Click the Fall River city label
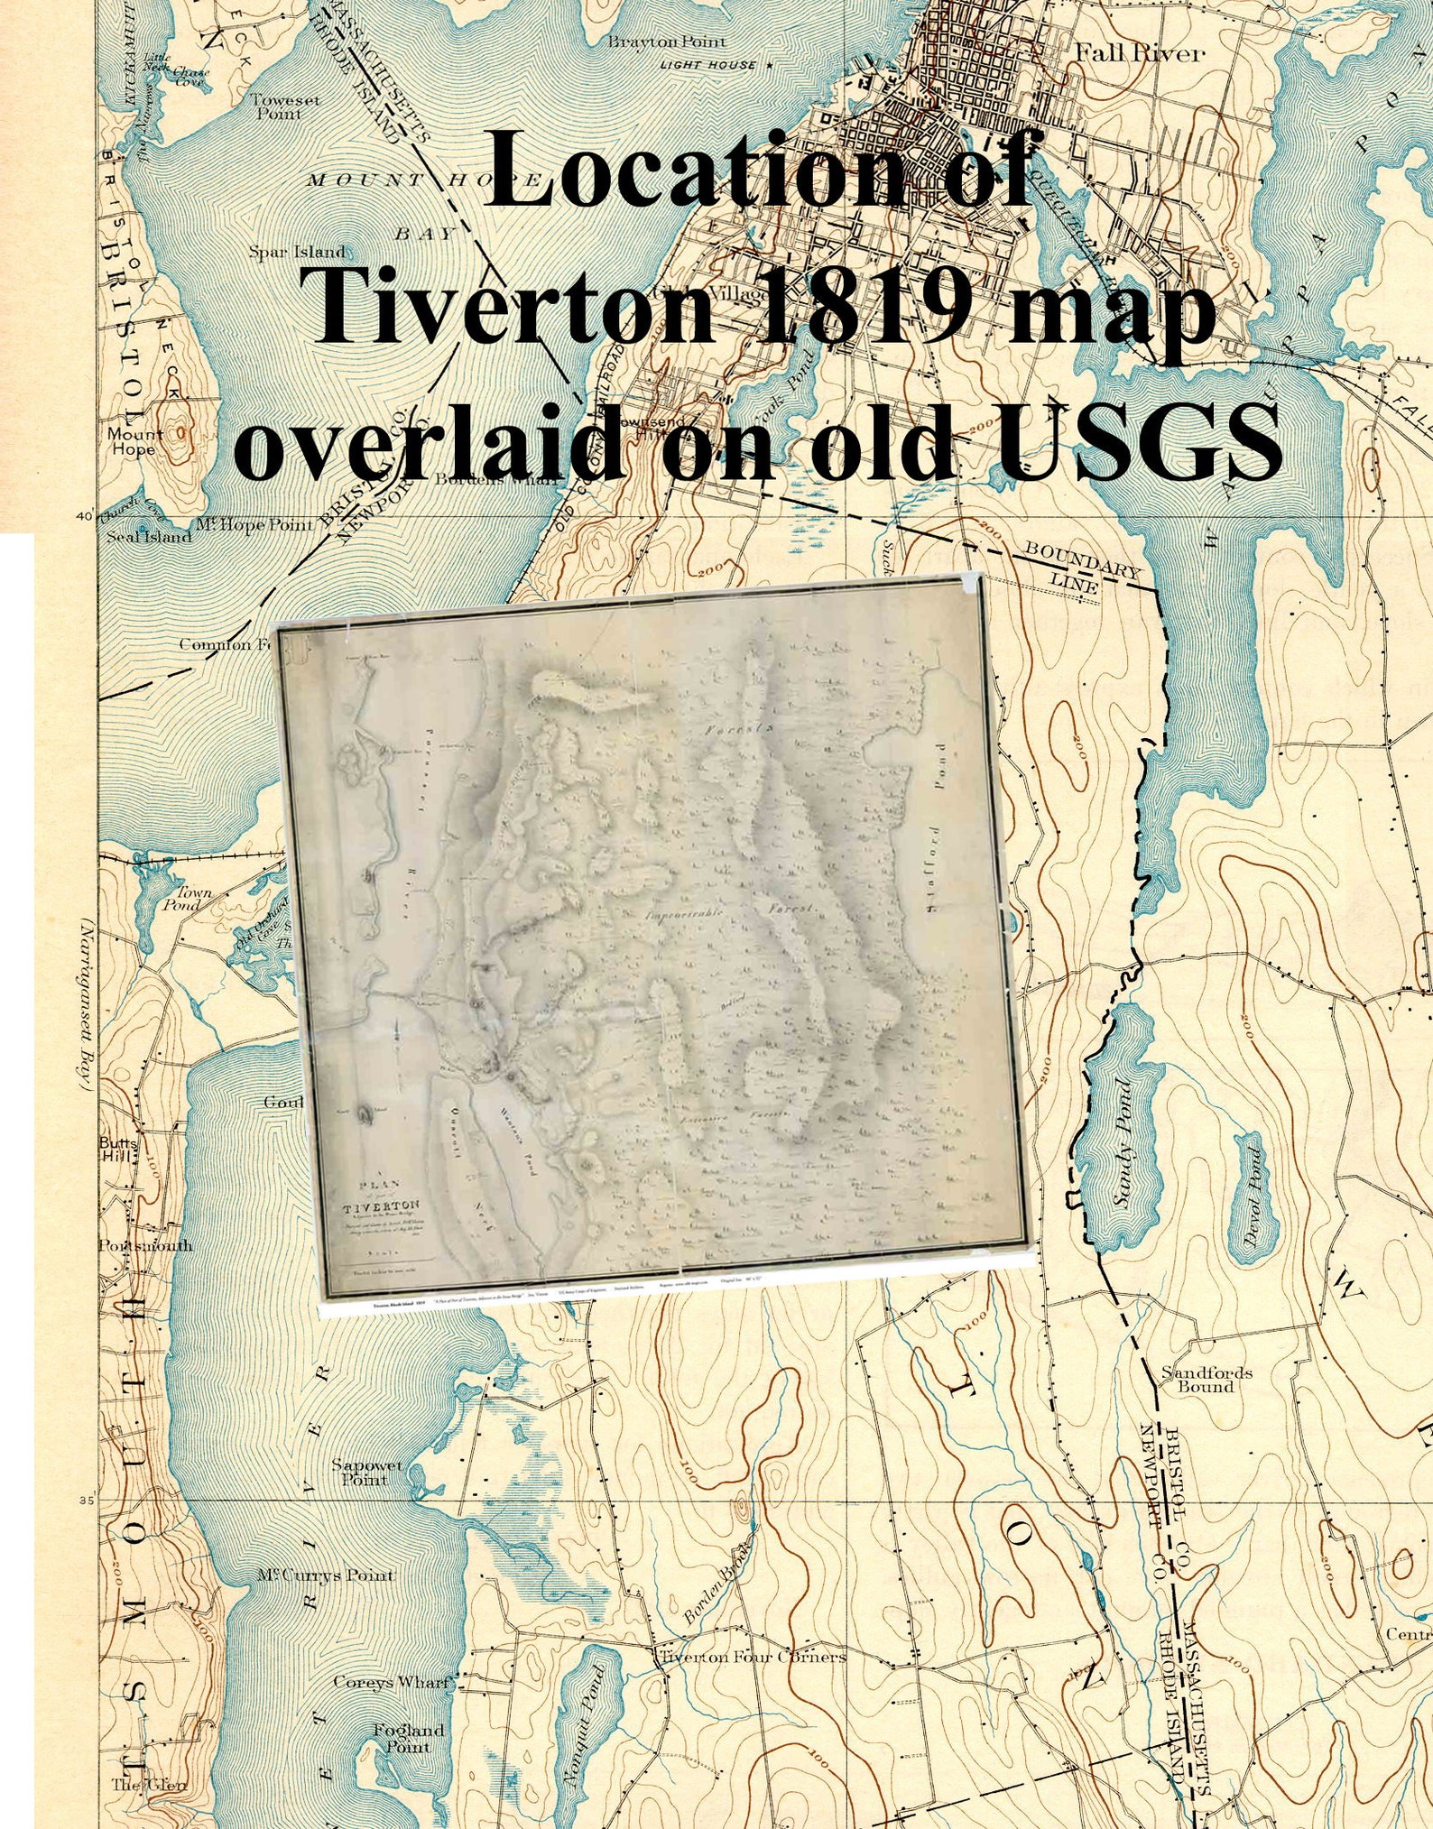[1139, 53]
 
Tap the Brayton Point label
[666, 42]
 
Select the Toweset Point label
[284, 107]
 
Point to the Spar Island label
[297, 252]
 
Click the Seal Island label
[149, 537]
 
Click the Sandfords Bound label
[1206, 1380]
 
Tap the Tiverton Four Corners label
[753, 1658]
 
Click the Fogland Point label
[409, 1738]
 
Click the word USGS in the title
[1139, 440]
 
